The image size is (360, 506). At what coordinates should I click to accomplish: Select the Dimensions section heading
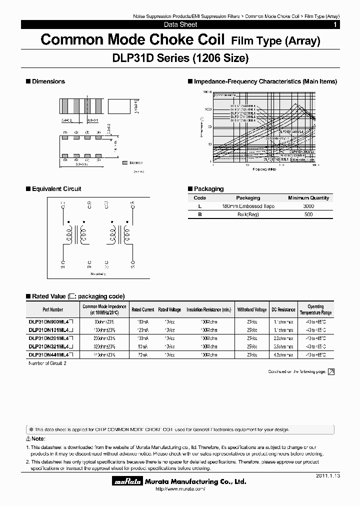click(x=48, y=81)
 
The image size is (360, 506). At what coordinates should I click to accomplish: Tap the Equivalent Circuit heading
click(x=56, y=189)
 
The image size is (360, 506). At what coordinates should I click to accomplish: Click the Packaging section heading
click(x=208, y=189)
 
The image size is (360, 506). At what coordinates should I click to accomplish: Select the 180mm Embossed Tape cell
click(x=248, y=206)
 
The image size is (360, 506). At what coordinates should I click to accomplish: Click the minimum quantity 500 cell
click(x=308, y=214)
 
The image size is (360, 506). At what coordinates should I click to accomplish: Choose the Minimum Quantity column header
click(x=308, y=198)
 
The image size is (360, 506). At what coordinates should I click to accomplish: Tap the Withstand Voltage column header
click(x=252, y=309)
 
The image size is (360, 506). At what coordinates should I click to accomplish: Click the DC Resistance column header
click(x=283, y=309)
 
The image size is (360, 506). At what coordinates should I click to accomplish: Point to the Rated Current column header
click(x=143, y=309)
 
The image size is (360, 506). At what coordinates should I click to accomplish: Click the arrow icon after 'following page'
click(x=330, y=371)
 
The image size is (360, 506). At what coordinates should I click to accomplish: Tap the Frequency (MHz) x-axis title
click(x=264, y=169)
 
